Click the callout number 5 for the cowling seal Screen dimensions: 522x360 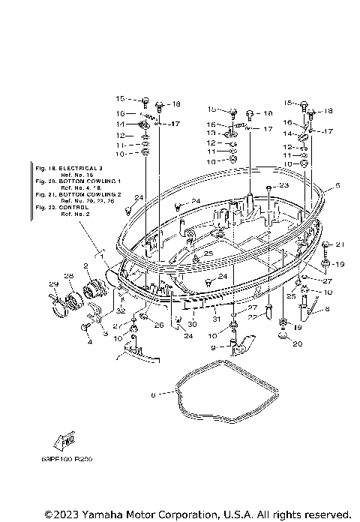coord(337,185)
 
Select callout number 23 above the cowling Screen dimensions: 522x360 coord(283,184)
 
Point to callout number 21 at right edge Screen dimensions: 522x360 coord(338,244)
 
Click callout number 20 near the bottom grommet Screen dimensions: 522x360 coord(297,344)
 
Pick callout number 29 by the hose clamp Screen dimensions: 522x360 coord(74,283)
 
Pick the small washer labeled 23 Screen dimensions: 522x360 coord(268,185)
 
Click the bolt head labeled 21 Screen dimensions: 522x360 coord(325,244)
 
